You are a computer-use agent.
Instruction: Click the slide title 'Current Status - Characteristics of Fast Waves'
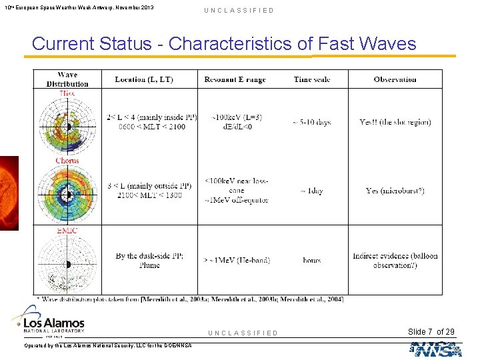click(224, 44)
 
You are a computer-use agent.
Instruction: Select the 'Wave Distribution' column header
click(67, 79)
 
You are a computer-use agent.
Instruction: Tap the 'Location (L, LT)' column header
click(144, 79)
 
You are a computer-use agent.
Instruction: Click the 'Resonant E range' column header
click(235, 79)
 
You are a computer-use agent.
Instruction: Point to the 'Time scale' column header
click(311, 79)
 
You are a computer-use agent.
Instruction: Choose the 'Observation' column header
click(395, 79)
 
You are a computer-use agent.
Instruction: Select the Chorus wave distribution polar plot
click(67, 195)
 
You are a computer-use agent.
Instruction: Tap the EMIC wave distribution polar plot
click(67, 263)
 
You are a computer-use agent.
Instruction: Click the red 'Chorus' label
click(67, 161)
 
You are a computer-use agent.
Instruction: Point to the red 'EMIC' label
click(67, 231)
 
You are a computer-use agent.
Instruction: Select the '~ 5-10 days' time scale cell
click(311, 123)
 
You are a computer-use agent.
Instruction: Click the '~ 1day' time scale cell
click(311, 191)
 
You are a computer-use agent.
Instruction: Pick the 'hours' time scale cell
click(311, 261)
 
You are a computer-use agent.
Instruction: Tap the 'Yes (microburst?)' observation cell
click(395, 191)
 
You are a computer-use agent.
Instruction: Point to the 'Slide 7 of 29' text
click(431, 332)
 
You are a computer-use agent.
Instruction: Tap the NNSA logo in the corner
click(436, 349)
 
